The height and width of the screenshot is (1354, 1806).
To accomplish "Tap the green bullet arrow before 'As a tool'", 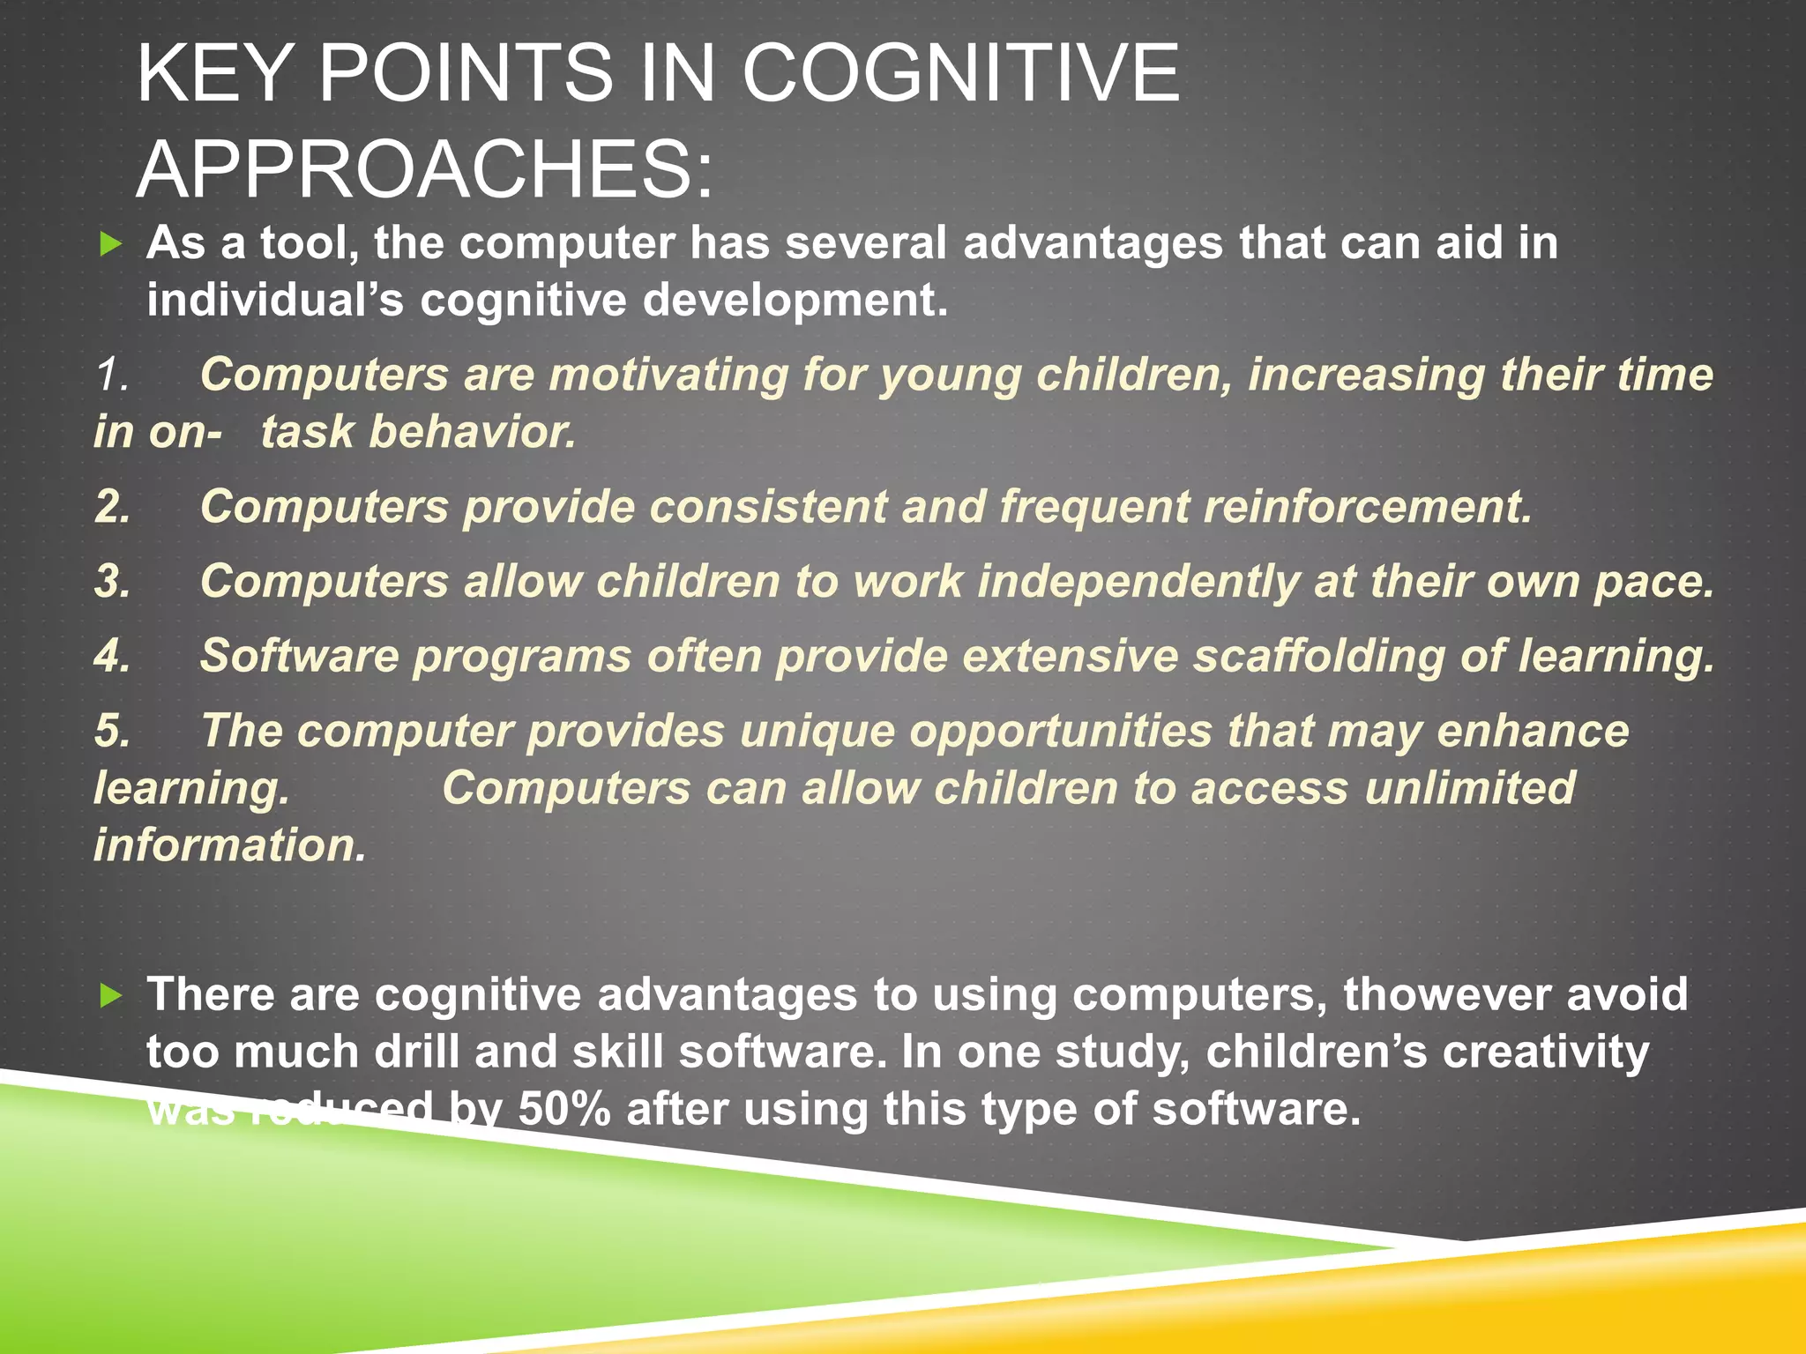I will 110,244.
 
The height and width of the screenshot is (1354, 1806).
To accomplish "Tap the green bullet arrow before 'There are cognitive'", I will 110,996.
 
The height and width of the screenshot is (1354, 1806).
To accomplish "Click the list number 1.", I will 113,375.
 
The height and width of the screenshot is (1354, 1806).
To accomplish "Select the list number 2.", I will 113,507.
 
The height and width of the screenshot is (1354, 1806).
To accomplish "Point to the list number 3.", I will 113,582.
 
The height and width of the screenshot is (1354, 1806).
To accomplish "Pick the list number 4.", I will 113,657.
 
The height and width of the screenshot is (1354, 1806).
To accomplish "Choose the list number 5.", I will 113,732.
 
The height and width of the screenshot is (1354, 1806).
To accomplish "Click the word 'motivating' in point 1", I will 668,375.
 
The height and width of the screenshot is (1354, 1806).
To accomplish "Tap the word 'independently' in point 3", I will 1138,582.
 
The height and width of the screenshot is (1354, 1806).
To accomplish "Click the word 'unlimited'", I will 1469,788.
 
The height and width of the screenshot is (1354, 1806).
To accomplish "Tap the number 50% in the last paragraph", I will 564,1109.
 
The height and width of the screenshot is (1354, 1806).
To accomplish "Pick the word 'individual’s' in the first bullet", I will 275,300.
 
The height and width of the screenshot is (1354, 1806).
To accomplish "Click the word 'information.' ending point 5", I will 230,845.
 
